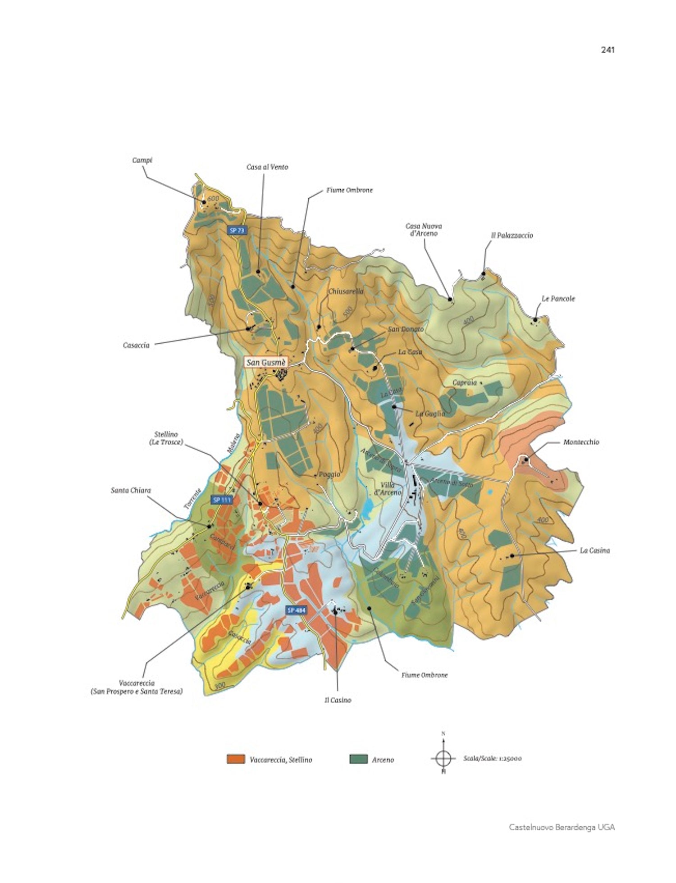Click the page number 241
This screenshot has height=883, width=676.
click(607, 50)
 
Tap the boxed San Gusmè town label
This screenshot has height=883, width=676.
click(266, 362)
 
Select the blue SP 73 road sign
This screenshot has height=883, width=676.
click(237, 230)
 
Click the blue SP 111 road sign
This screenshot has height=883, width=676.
click(222, 500)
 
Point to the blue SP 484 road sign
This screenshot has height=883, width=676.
click(296, 610)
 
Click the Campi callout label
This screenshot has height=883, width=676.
click(142, 160)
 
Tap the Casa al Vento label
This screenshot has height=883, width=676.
click(267, 167)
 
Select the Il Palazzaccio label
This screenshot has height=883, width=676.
click(512, 235)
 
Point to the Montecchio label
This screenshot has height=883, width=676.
click(581, 442)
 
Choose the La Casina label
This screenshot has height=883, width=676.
click(594, 550)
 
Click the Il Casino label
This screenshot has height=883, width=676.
click(338, 700)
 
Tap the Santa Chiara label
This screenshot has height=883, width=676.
click(131, 490)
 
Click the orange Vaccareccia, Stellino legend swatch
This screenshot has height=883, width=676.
click(235, 759)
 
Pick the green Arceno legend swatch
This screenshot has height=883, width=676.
click(358, 759)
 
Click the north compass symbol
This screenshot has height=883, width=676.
click(443, 758)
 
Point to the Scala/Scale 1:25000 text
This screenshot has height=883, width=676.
click(492, 758)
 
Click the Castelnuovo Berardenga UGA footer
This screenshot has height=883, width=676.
click(562, 827)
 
